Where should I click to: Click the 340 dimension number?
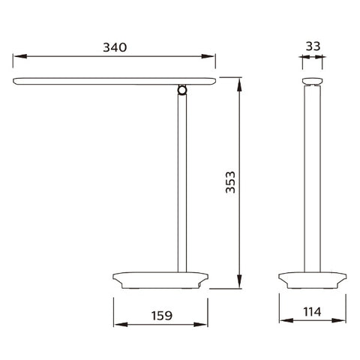[115, 47]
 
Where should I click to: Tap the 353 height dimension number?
[230, 182]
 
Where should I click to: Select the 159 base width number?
[162, 316]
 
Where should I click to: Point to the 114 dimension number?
[312, 312]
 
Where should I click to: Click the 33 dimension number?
[313, 46]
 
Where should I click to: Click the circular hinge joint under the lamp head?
[182, 90]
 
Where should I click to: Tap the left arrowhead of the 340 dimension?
[20, 56]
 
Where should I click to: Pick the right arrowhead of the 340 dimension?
[208, 56]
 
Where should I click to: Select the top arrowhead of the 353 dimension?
[239, 85]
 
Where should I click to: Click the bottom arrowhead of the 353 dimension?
[239, 281]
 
